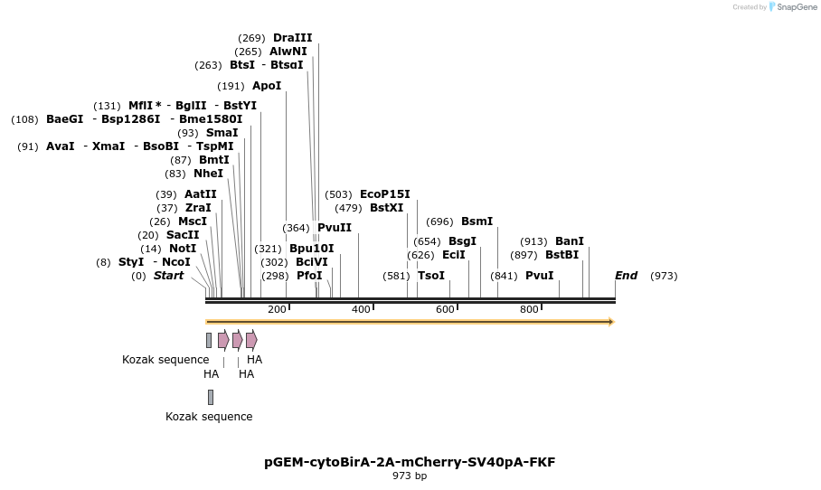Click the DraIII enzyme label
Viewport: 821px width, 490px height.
click(x=292, y=38)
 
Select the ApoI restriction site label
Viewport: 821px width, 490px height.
click(x=267, y=86)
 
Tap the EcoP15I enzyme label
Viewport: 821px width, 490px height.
click(x=384, y=194)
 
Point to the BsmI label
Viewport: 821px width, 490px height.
click(x=477, y=221)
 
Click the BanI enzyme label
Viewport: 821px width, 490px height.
click(x=570, y=241)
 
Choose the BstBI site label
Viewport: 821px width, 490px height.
click(x=561, y=255)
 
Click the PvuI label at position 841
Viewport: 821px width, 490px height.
click(x=539, y=276)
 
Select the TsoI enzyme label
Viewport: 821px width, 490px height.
click(x=431, y=276)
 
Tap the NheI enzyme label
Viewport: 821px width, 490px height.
click(x=208, y=174)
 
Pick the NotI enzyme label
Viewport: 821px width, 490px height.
click(x=182, y=249)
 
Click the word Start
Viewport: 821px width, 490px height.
click(x=168, y=276)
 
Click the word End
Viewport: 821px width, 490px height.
click(x=626, y=276)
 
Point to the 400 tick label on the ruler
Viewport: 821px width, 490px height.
click(x=361, y=310)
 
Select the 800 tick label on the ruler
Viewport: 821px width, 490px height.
click(x=529, y=310)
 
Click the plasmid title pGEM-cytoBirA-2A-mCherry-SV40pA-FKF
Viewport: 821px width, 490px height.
click(x=410, y=462)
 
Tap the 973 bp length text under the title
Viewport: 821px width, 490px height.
click(x=410, y=476)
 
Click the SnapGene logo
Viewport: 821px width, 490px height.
click(x=793, y=7)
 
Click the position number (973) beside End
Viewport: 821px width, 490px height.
click(x=664, y=276)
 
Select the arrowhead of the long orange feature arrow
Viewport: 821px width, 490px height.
click(x=611, y=322)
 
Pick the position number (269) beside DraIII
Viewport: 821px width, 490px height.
click(x=251, y=38)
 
